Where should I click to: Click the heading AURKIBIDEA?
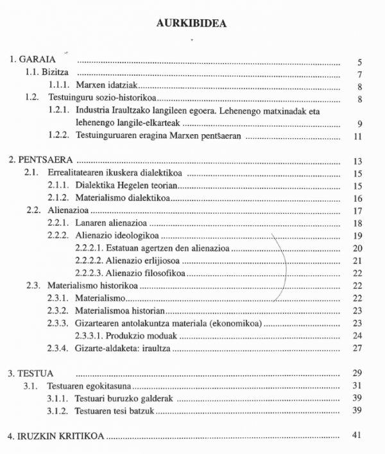[193, 24]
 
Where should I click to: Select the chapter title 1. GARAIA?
[29, 62]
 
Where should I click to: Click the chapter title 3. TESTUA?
[30, 372]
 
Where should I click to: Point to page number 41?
[358, 435]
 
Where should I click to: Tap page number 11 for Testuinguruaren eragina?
[358, 136]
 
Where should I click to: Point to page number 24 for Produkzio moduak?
[358, 335]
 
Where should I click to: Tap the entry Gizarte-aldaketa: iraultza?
[124, 348]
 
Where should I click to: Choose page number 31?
[358, 385]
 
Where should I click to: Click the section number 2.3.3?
[58, 323]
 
